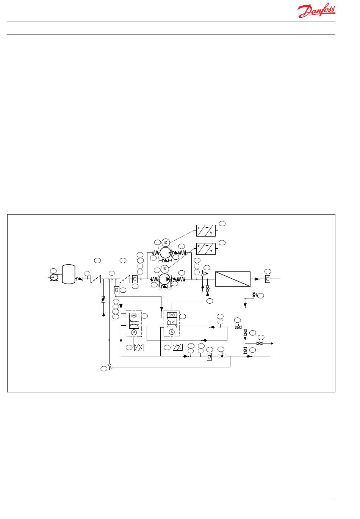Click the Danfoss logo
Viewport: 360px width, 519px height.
pos(316,11)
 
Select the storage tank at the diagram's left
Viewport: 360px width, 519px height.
pos(69,274)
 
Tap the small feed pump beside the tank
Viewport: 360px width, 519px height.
pos(53,278)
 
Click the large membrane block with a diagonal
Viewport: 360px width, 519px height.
pos(233,279)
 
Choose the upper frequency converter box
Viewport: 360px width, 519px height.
pos(206,230)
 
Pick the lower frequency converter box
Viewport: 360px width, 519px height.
pos(206,249)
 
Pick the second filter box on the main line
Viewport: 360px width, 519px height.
pos(125,279)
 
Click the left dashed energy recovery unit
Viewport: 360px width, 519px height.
pos(133,323)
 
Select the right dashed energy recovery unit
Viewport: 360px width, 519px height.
pos(171,323)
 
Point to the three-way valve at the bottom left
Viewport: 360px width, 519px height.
pos(110,367)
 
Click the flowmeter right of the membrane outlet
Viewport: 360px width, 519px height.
pos(268,279)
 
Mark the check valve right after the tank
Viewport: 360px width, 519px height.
pos(80,279)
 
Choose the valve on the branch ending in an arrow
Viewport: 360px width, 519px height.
pos(260,343)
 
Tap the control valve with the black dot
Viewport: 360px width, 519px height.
pos(222,356)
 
